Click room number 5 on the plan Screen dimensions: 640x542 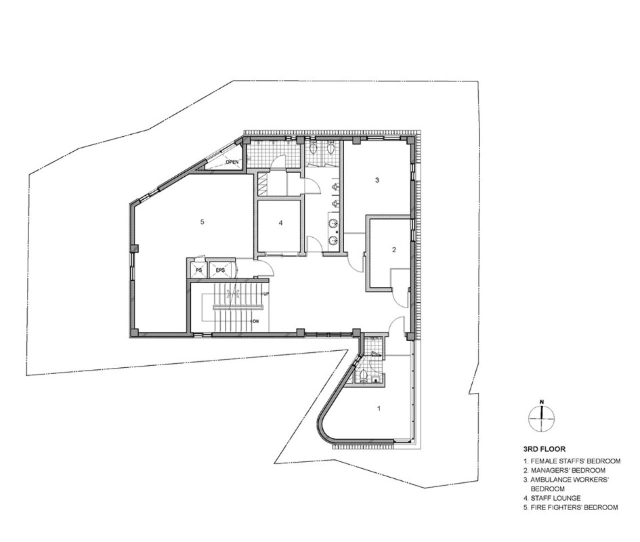(x=202, y=222)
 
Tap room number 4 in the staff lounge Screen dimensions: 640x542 (x=280, y=223)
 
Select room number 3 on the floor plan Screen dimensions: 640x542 (x=377, y=180)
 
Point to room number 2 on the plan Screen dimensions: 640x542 (x=394, y=250)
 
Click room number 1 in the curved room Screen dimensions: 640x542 (x=379, y=408)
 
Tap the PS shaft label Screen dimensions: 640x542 (x=199, y=270)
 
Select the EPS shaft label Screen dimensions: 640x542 (x=220, y=270)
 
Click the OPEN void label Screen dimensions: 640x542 (x=232, y=162)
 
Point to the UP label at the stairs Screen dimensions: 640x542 (x=266, y=294)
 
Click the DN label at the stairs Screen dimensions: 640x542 (x=256, y=321)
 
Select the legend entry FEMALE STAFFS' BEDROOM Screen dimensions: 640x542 (x=572, y=461)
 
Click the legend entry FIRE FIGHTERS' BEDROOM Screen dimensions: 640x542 (x=571, y=507)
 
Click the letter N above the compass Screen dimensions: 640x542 (x=542, y=402)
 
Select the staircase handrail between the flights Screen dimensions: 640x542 (x=237, y=306)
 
